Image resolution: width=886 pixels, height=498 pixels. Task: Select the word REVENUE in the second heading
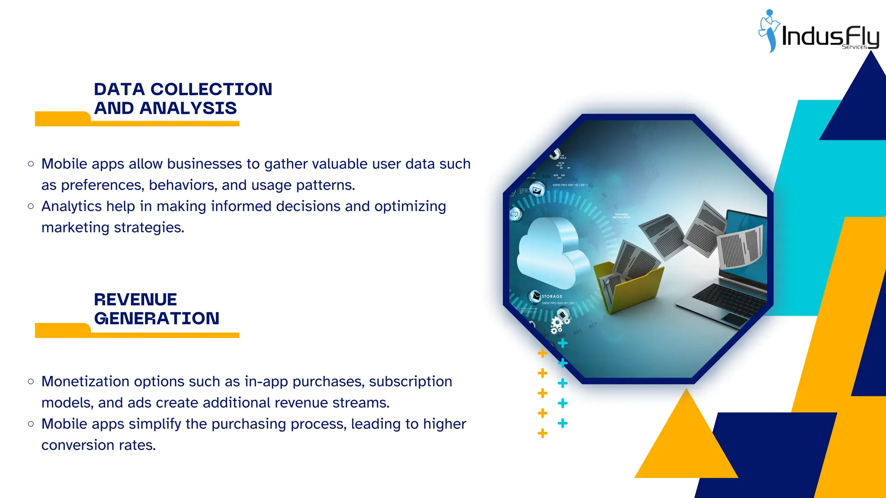tap(135, 300)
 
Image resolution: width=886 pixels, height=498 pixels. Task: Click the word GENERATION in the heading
tap(157, 319)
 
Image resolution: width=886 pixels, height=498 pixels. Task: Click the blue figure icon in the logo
tap(769, 30)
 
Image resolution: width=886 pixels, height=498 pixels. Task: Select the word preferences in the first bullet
tap(102, 185)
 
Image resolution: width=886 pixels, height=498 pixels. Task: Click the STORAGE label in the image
tap(552, 297)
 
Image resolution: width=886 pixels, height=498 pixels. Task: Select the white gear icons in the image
tap(559, 325)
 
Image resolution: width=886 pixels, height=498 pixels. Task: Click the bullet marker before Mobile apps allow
tap(31, 164)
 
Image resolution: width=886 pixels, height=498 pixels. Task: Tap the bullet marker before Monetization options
tap(31, 381)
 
